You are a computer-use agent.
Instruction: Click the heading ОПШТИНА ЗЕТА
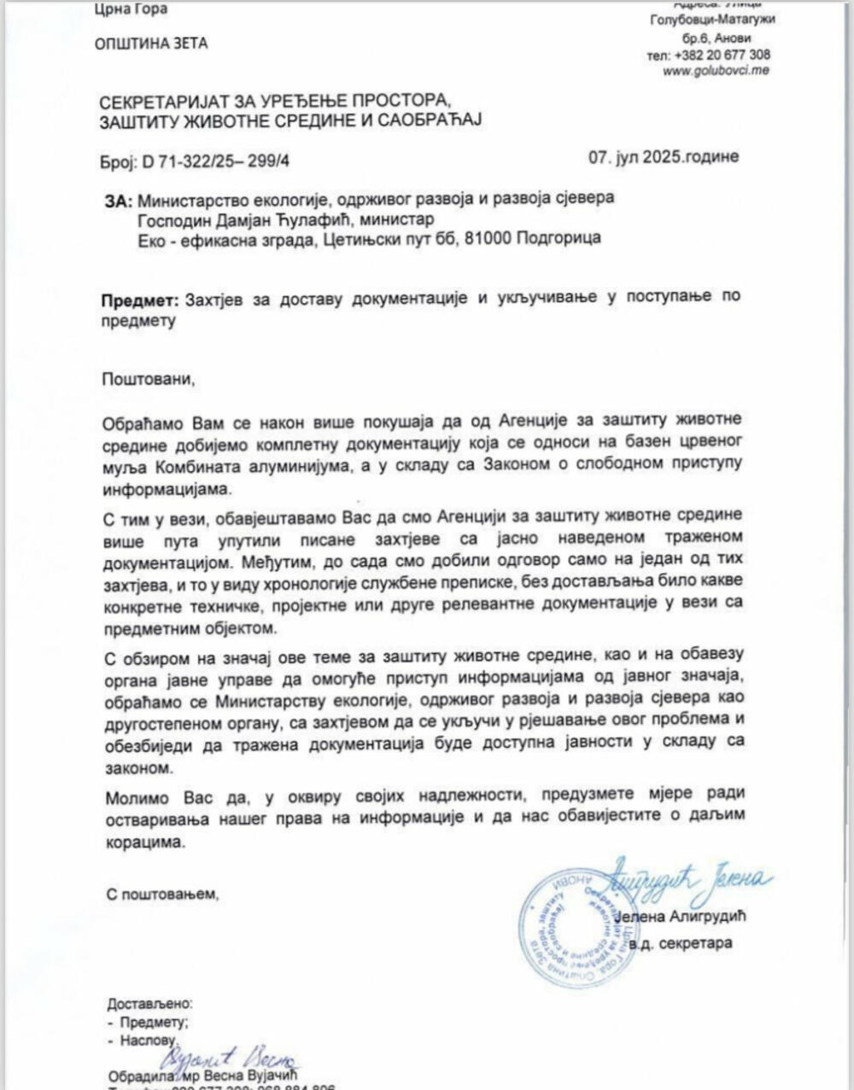click(x=151, y=43)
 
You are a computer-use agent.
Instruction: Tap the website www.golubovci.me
click(x=716, y=70)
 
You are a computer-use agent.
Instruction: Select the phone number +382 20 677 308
click(x=722, y=55)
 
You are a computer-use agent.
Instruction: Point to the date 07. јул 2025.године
click(x=663, y=157)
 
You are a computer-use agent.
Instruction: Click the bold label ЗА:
click(x=118, y=201)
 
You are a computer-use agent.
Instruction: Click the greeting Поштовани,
click(x=148, y=378)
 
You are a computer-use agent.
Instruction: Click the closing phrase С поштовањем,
click(x=162, y=895)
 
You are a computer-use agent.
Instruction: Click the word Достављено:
click(x=149, y=1004)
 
